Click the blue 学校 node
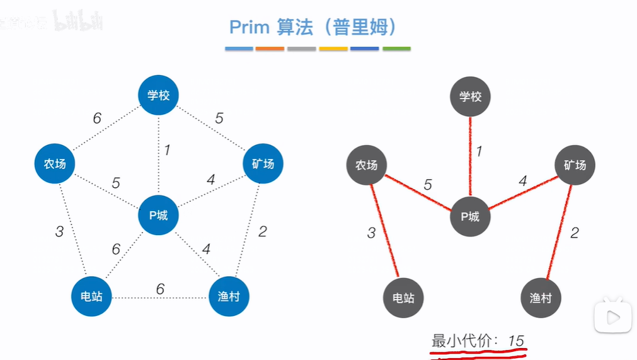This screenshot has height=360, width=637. (159, 96)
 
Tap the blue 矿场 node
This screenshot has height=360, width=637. (263, 164)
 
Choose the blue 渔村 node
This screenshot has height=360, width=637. (229, 296)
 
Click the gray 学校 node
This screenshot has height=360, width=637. (470, 97)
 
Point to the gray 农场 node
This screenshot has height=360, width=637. (366, 165)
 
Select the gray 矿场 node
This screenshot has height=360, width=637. (575, 165)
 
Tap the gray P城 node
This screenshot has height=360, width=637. (470, 217)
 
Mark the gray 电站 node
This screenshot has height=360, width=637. (403, 298)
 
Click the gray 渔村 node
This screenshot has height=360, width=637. (541, 298)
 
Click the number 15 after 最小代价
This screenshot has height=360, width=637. (516, 341)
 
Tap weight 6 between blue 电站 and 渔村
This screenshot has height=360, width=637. (160, 289)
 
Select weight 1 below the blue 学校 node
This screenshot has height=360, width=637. (167, 150)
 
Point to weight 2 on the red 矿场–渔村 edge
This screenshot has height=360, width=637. (574, 232)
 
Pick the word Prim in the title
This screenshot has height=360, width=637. (250, 28)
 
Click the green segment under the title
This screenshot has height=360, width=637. (396, 49)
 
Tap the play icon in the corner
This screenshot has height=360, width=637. (613, 318)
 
